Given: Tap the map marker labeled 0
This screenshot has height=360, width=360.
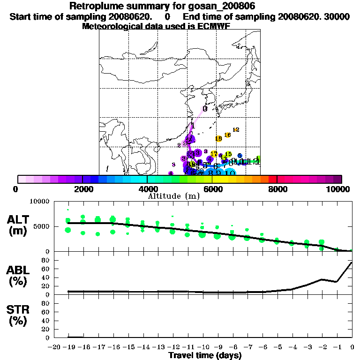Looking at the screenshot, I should pos(205,109).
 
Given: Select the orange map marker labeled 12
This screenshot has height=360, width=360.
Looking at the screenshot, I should pos(236,129).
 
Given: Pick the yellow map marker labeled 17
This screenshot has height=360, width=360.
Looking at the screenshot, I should pos(214,154).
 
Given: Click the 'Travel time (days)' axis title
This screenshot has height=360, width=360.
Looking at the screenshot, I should pos(205,355).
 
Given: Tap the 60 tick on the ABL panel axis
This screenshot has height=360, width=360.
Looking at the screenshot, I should pos(46,269).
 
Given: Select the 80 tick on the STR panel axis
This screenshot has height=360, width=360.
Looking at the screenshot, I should pos(46,303).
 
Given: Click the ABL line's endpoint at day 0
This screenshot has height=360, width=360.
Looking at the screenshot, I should pos(352,262).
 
